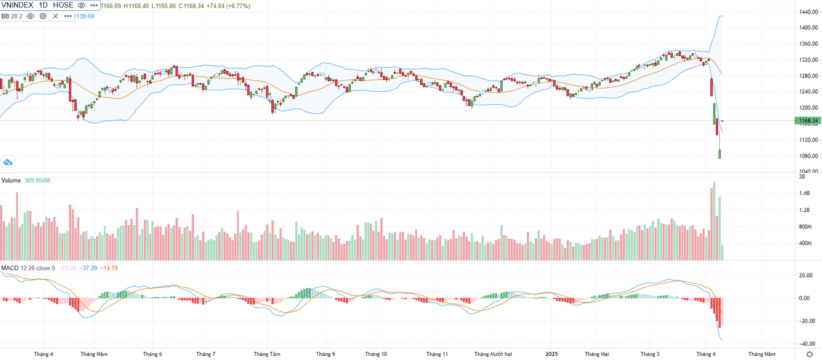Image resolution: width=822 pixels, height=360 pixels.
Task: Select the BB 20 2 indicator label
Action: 12,16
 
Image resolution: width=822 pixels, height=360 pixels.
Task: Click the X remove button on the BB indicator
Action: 55,16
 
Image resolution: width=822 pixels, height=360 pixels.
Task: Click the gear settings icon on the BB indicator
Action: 42,16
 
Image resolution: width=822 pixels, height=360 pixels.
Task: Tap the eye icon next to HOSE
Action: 82,5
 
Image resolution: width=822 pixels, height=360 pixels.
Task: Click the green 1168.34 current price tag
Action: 806,121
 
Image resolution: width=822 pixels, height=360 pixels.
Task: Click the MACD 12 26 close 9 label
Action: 28,268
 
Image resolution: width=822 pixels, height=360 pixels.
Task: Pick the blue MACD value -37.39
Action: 89,268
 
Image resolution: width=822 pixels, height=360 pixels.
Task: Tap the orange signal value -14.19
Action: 109,268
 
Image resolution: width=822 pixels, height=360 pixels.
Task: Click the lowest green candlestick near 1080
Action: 720,153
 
